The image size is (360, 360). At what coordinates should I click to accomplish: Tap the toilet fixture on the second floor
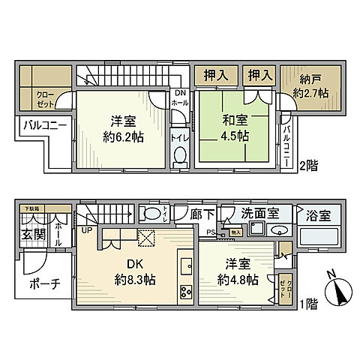pyautogui.click(x=180, y=155)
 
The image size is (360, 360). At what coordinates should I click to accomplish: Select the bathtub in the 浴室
pyautogui.click(x=319, y=238)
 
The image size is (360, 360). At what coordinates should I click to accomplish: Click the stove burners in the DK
pyautogui.click(x=184, y=293)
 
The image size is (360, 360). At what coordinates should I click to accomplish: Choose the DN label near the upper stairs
pyautogui.click(x=180, y=93)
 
